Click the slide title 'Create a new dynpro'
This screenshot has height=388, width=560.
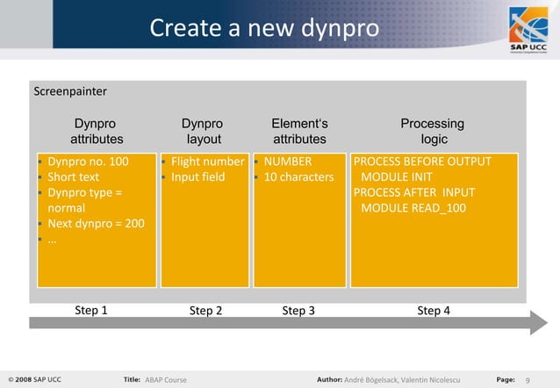[x=264, y=28]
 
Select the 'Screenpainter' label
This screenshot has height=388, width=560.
[x=69, y=90]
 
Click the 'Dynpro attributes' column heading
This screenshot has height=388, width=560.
[x=97, y=132]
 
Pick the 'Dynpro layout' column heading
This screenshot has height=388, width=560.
[x=202, y=132]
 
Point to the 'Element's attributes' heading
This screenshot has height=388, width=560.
[x=299, y=132]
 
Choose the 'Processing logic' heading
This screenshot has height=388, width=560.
[x=433, y=132]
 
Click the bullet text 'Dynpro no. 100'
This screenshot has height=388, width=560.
[x=88, y=162]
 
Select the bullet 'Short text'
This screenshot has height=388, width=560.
[x=74, y=177]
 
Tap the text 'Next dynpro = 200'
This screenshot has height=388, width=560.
[x=96, y=224]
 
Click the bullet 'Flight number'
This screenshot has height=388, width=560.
[x=207, y=162]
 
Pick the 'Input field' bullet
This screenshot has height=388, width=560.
[x=197, y=177]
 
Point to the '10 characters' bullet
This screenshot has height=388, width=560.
[x=298, y=177]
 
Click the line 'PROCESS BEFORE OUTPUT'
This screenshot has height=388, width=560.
[x=422, y=162]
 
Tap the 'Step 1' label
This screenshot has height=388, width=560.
[x=91, y=310]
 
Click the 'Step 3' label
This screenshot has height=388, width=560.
[x=298, y=310]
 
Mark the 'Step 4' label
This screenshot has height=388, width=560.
[x=434, y=310]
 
